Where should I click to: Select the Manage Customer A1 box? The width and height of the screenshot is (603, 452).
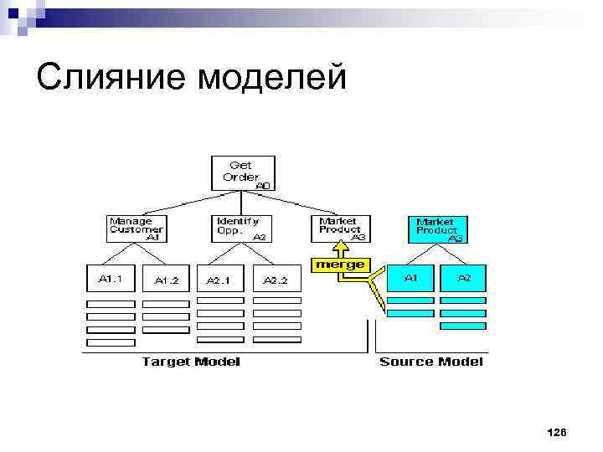tap(137, 229)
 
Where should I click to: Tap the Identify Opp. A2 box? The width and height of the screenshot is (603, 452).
tap(240, 229)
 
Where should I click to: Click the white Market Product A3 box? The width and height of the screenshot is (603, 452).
tap(342, 229)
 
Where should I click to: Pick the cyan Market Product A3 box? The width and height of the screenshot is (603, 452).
tap(438, 229)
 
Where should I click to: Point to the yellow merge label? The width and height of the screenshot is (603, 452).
tap(339, 265)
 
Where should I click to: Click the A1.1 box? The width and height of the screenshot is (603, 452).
tap(110, 280)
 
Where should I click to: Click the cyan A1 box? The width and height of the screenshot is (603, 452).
tap(410, 279)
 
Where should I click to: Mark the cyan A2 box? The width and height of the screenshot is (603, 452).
tap(463, 279)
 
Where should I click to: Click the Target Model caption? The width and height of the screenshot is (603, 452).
tap(191, 362)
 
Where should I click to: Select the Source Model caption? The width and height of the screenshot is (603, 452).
tap(430, 362)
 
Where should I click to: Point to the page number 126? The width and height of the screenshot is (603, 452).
tap(556, 432)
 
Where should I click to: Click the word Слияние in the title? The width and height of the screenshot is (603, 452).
tap(111, 78)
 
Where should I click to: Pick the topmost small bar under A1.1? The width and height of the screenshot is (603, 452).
tap(111, 304)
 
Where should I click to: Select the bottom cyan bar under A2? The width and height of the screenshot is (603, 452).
tap(463, 325)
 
